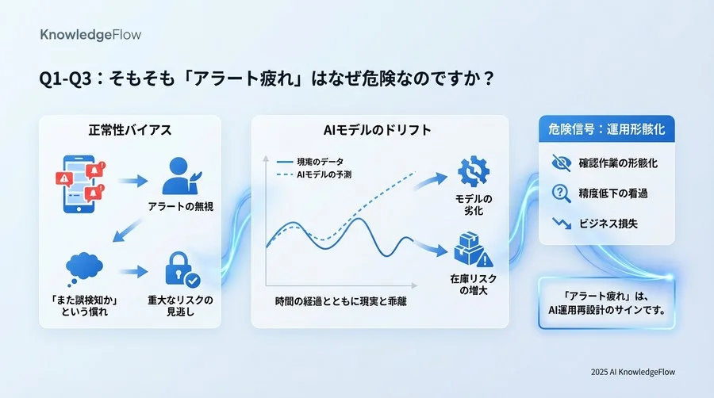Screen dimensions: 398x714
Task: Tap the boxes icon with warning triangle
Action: [474, 248]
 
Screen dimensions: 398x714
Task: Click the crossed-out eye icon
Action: [560, 163]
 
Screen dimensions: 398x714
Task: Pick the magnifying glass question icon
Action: [560, 193]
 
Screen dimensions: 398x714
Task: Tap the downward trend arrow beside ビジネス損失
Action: [560, 223]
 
